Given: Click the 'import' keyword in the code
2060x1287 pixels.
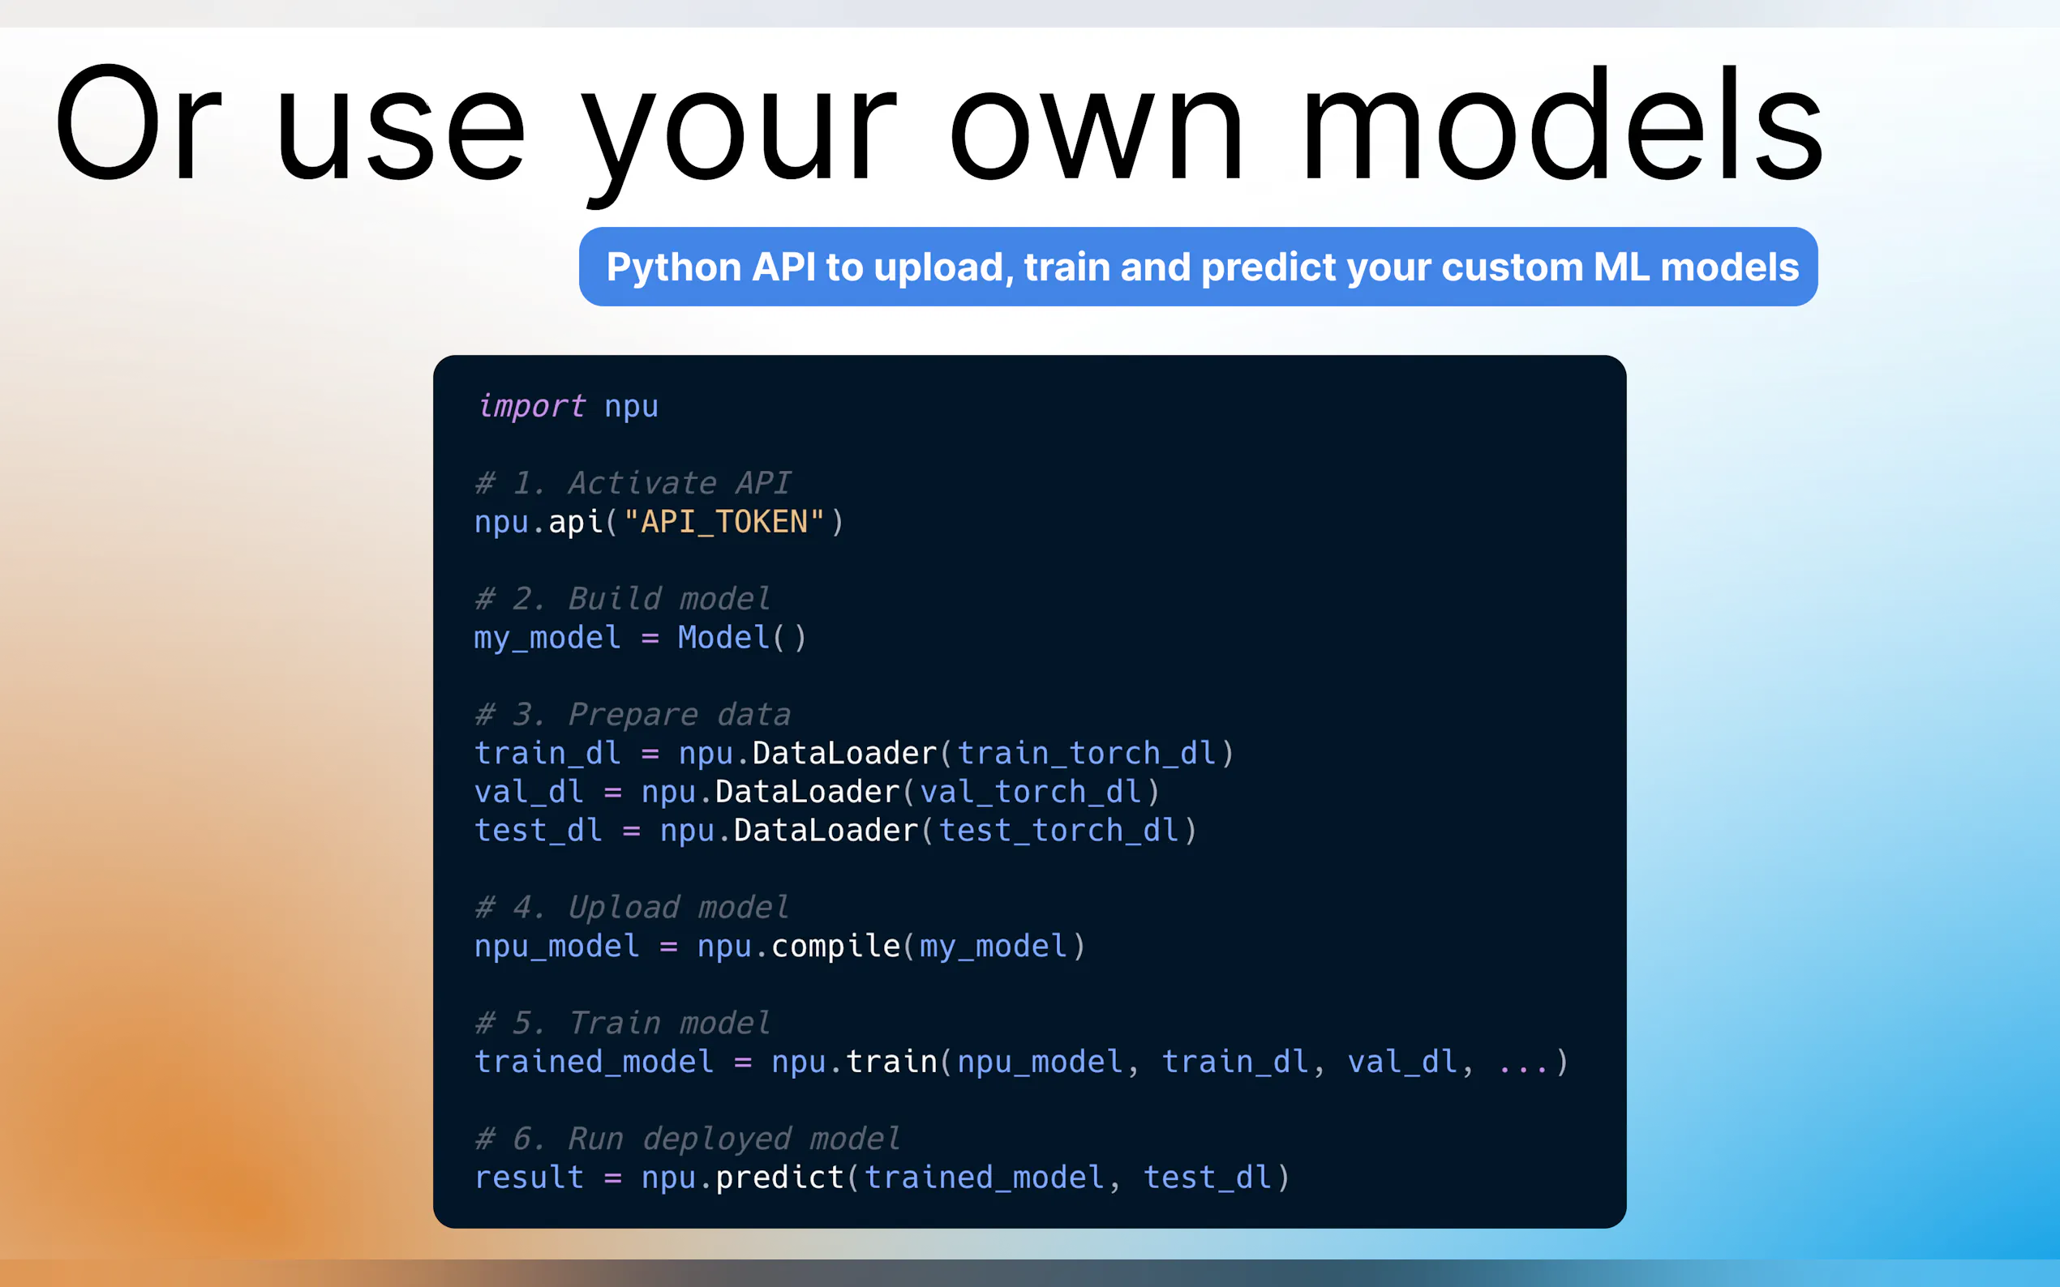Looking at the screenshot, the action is [x=531, y=406].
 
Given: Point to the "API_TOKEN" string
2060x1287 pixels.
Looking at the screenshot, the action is [x=724, y=521].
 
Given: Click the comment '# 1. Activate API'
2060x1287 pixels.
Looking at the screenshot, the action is [x=633, y=483].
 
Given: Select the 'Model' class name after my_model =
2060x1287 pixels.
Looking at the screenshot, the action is [x=724, y=638].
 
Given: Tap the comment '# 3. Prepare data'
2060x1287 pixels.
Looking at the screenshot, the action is [x=633, y=714].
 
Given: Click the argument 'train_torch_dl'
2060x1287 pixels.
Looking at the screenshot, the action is [x=1087, y=753].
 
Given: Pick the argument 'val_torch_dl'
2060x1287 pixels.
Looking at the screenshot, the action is [x=1031, y=792].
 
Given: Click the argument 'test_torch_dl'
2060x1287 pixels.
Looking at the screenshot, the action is [x=1058, y=830].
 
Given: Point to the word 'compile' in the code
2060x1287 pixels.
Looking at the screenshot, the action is [x=835, y=947].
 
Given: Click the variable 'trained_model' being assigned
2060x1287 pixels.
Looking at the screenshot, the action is [x=594, y=1063].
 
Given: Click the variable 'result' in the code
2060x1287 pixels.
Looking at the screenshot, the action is [x=529, y=1178].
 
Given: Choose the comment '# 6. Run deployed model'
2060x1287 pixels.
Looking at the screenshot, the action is [x=687, y=1139].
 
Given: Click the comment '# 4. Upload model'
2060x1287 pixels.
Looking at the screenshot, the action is [x=632, y=908].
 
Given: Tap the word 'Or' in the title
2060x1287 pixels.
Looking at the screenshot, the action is [x=139, y=123].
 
